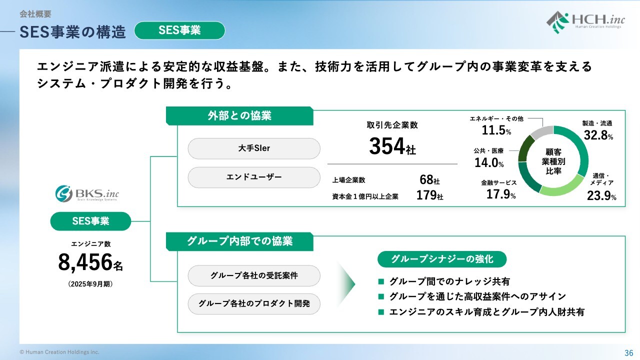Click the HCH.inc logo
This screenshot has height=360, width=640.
(585, 22)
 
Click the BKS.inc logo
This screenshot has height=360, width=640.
(87, 193)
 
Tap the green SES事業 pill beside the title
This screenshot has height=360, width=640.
(179, 30)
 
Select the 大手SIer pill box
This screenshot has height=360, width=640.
(254, 148)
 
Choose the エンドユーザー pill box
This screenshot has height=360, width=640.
(254, 177)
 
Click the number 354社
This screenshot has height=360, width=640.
(392, 146)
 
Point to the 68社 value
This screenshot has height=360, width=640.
(429, 179)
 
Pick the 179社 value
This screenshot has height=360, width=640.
(429, 195)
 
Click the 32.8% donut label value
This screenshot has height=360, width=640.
(598, 135)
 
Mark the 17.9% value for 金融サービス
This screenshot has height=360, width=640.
(501, 194)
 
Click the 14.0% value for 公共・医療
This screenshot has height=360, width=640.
(489, 163)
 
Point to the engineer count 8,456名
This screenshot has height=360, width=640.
(90, 262)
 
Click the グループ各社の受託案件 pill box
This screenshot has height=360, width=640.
(254, 275)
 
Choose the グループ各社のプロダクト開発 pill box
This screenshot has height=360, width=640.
(254, 304)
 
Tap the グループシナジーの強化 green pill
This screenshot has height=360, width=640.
(442, 259)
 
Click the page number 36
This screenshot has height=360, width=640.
(629, 353)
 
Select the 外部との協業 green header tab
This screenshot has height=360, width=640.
(239, 115)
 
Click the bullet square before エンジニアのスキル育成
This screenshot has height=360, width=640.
(381, 312)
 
